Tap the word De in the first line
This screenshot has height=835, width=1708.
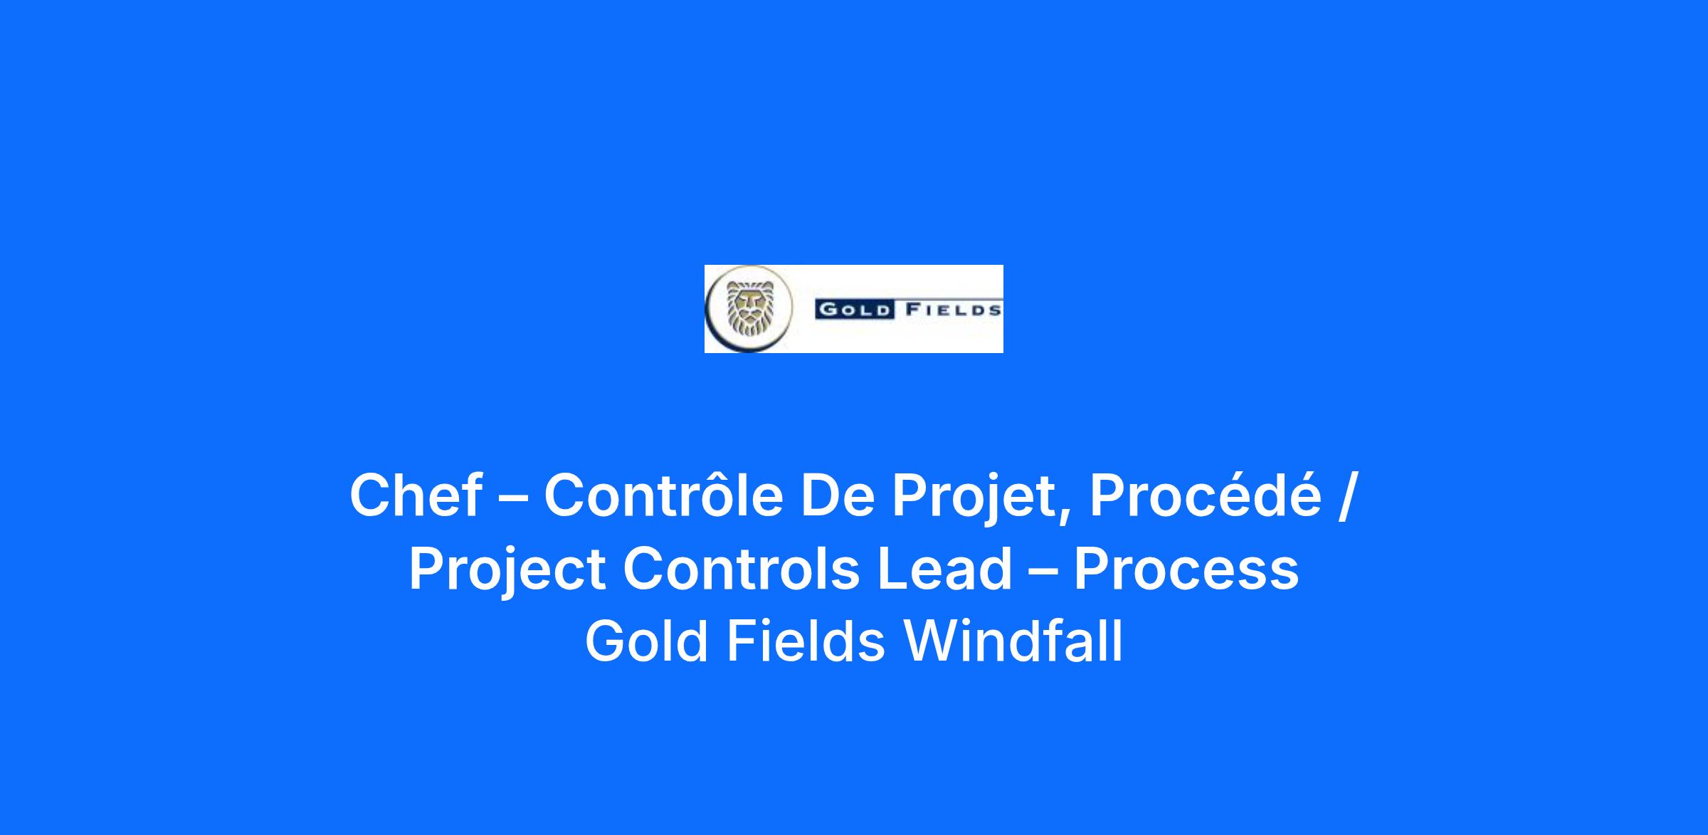[x=837, y=495]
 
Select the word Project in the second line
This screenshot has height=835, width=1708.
[x=507, y=572]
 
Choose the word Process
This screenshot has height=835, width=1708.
[x=1186, y=569]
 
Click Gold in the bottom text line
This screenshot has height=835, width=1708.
[x=646, y=641]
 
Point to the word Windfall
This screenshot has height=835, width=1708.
[x=1013, y=641]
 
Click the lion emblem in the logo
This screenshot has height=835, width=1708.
[x=749, y=309]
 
